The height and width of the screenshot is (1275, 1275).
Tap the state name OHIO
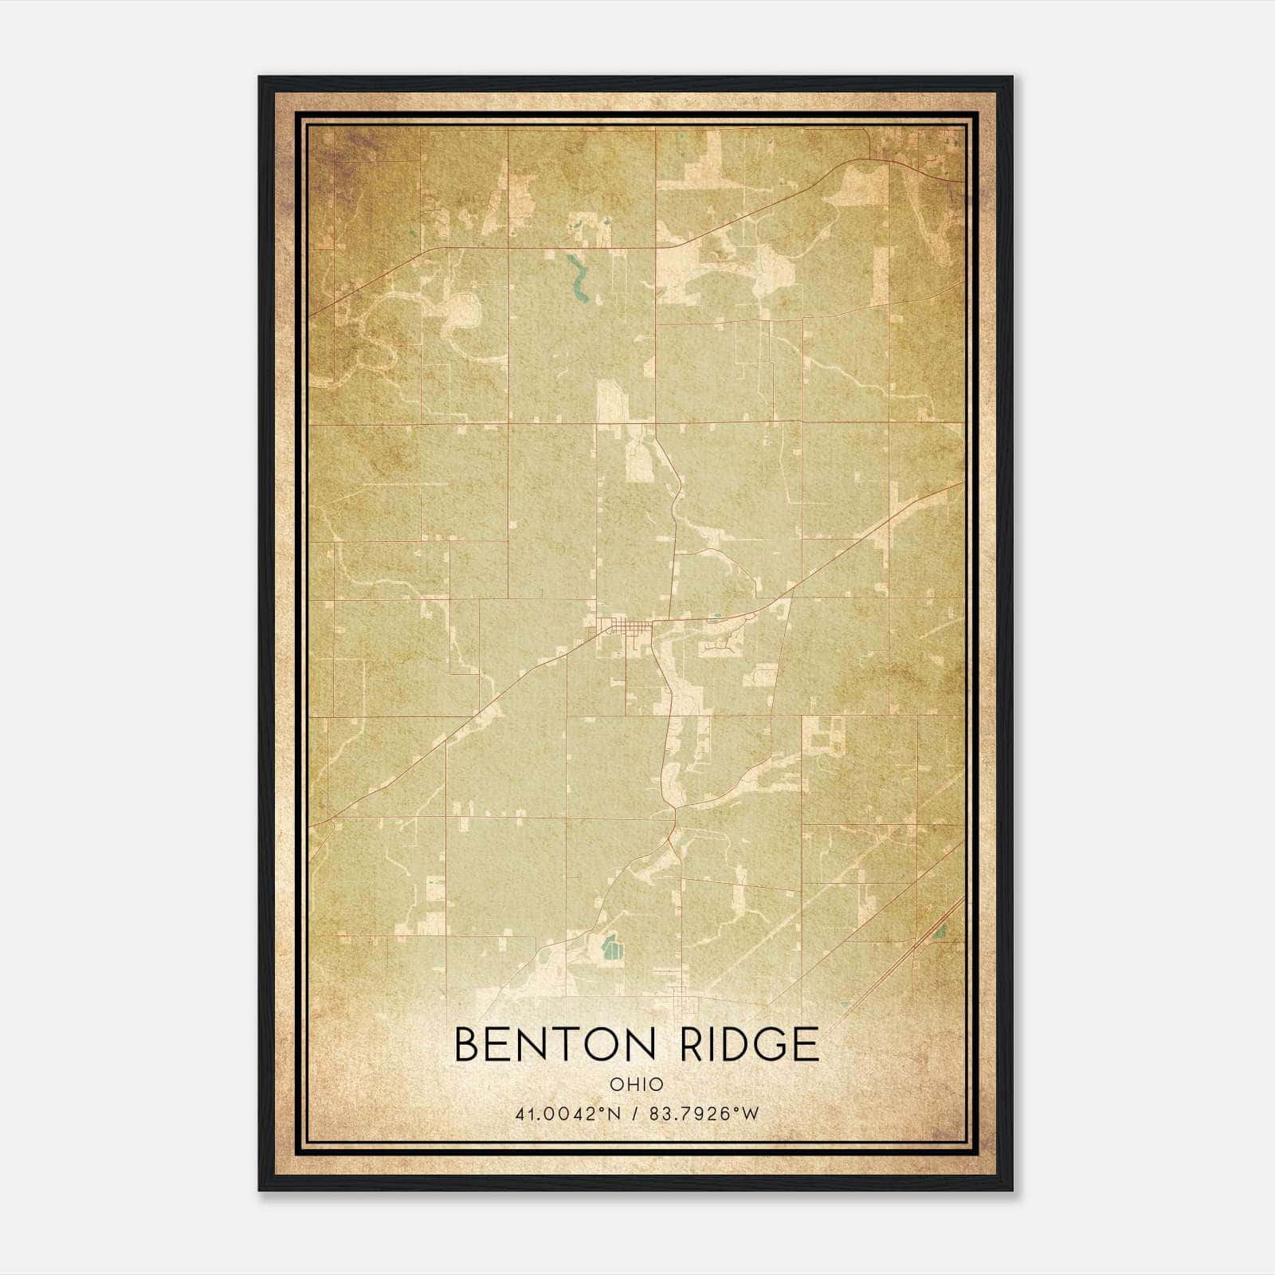[x=637, y=1084]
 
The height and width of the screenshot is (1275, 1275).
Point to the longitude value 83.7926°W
[x=704, y=1113]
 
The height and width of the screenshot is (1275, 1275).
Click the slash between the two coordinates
[x=635, y=1113]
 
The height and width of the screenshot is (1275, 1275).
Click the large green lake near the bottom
[x=611, y=947]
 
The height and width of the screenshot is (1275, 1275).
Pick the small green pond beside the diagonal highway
[x=941, y=930]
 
